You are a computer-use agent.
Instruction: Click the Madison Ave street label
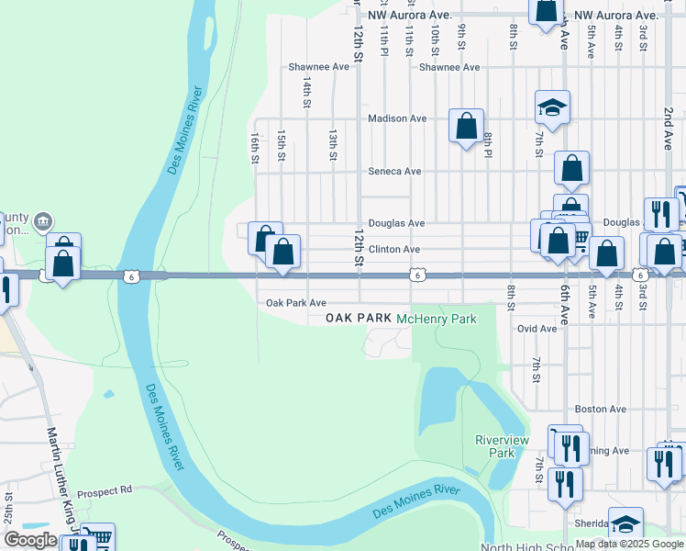pos(397,118)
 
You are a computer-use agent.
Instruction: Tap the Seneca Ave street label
pos(394,171)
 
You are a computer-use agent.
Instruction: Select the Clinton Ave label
pos(394,249)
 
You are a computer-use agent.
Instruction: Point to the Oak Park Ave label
pos(296,302)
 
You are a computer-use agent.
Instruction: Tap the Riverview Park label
pos(502,446)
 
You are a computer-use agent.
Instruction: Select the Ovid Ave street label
pos(537,328)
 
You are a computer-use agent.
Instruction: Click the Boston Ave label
pos(600,409)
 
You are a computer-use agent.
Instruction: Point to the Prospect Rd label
pos(105,490)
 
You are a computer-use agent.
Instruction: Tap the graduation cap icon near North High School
pos(625,523)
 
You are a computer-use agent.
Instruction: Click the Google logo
pos(31,540)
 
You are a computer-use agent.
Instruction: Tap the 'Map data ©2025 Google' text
pos(629,544)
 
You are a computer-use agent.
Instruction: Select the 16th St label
pos(255,148)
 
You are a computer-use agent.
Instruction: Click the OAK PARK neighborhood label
pos(359,319)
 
